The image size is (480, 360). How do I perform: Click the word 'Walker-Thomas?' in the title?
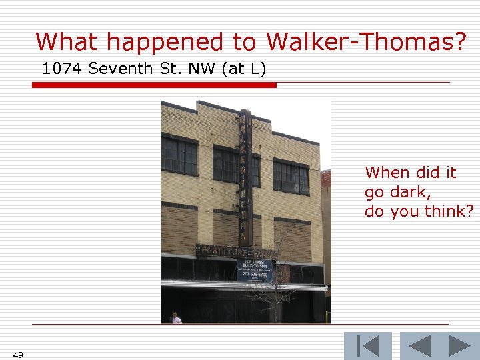[x=366, y=42]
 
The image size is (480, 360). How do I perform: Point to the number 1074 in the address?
[x=63, y=68]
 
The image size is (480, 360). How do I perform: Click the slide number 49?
[x=18, y=355]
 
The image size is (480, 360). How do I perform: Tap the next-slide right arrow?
[x=459, y=346]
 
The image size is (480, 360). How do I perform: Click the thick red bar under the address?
[x=154, y=85]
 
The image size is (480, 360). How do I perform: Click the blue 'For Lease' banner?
[x=255, y=269]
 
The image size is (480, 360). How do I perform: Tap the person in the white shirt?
[x=176, y=318]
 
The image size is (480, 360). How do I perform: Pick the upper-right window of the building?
[x=291, y=177]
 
